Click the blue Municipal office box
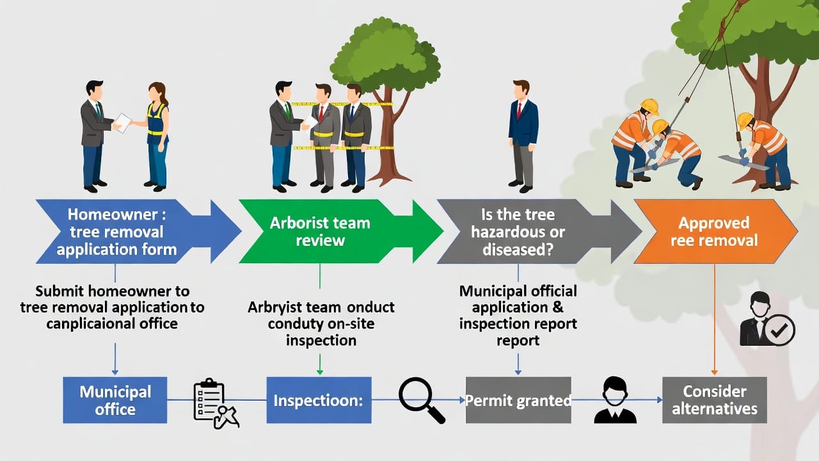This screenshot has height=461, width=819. [x=115, y=400]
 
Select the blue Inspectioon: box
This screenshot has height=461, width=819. [x=319, y=400]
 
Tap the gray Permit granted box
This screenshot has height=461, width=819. [x=518, y=400]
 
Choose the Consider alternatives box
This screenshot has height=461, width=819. [x=714, y=400]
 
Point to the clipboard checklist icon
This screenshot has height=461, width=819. [x=215, y=403]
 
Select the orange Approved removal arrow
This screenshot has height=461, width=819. [x=714, y=232]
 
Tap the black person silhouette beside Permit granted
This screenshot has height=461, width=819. [x=615, y=400]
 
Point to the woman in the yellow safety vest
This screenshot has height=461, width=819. [x=156, y=136]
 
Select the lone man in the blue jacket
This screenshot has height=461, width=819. [x=522, y=134]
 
